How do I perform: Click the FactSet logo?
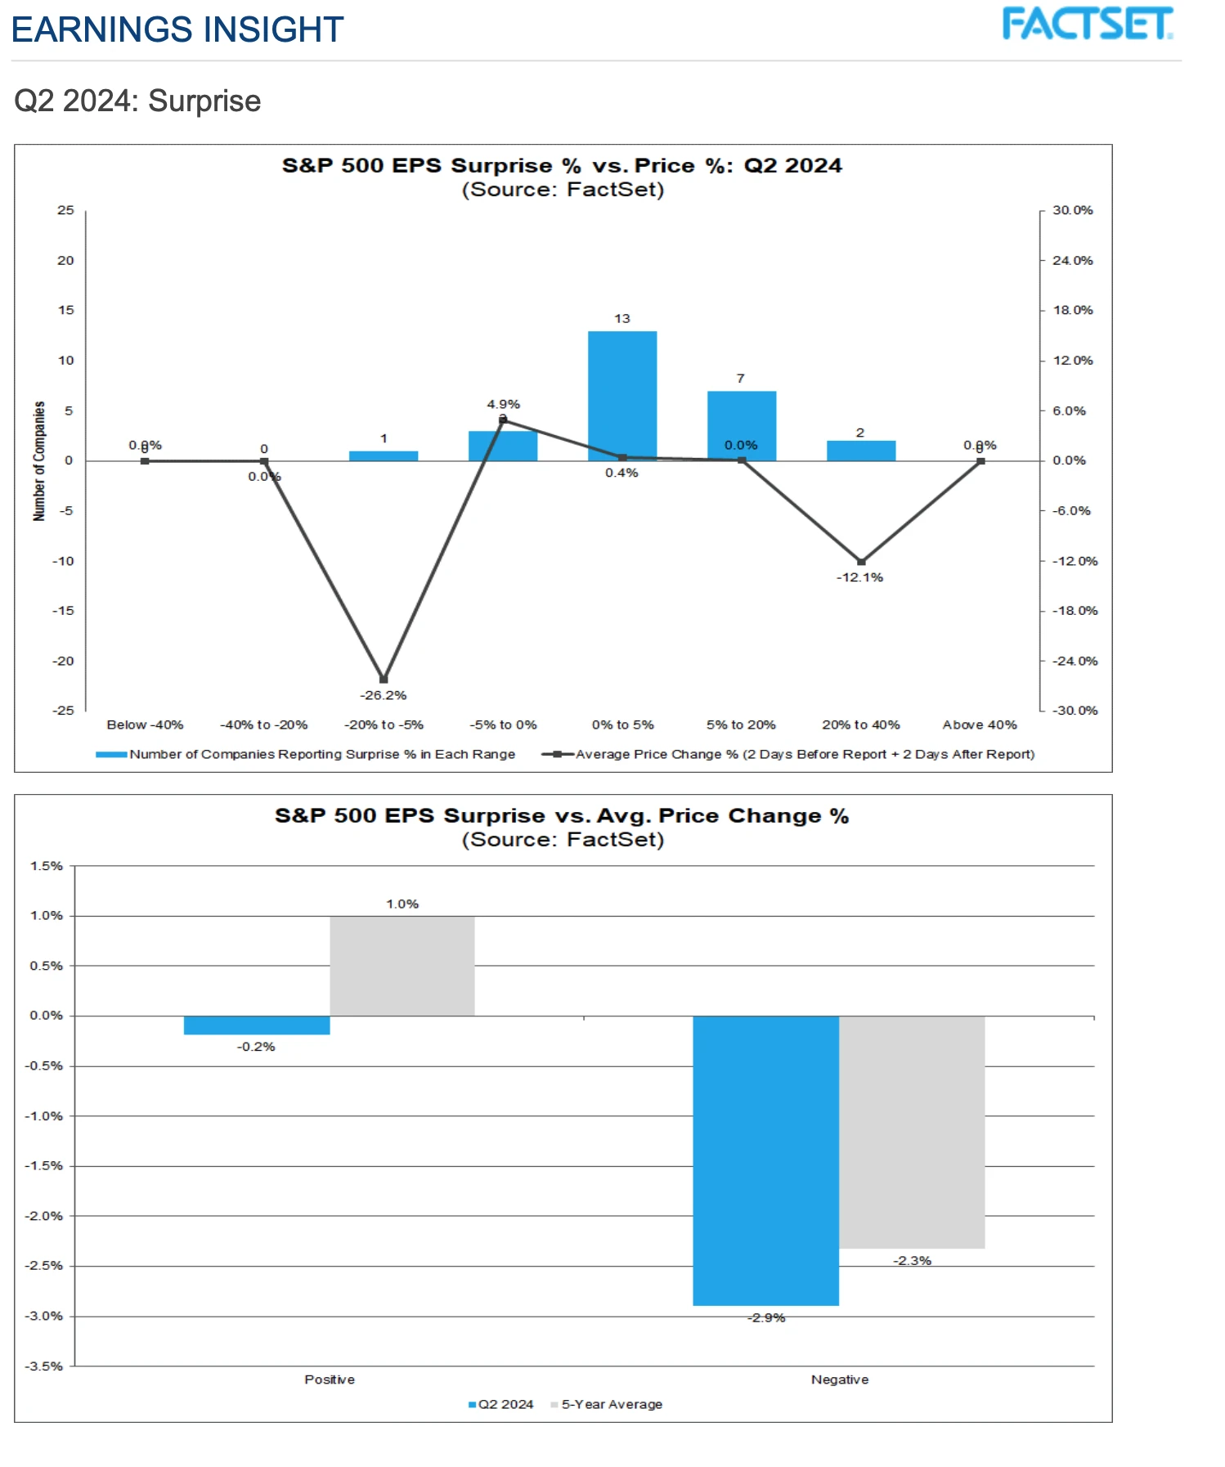1087,24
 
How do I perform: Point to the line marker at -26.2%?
384,679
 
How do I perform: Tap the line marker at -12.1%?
860,562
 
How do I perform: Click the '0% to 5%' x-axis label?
622,725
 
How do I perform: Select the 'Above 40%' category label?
979,725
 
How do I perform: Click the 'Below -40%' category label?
145,725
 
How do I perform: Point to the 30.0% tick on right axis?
1072,210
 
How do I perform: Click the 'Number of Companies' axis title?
38,460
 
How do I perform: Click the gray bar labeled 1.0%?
402,966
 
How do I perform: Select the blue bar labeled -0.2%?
257,1025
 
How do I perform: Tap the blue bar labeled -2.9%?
765,1160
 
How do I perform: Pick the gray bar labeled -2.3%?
912,1132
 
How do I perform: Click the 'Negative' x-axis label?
839,1380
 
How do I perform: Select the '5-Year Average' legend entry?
611,1404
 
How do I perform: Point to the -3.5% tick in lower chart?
46,1366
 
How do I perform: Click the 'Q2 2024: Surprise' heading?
137,101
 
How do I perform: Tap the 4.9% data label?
503,404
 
